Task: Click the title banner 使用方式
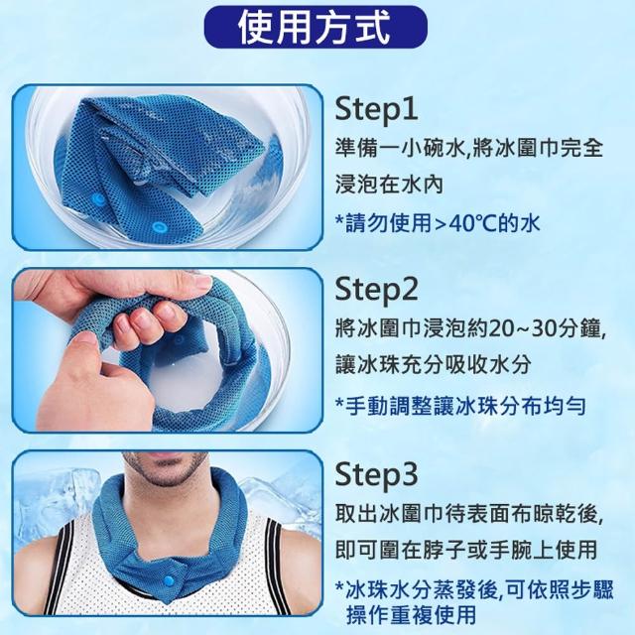tap(316, 27)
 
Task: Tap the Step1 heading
tap(376, 109)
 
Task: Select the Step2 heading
tap(376, 290)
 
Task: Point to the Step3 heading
tap(376, 474)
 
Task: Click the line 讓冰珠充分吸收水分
tap(433, 365)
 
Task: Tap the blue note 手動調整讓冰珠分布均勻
tap(461, 406)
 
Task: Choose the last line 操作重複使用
tap(411, 615)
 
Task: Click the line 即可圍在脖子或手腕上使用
tap(466, 550)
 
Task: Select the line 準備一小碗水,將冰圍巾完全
tap(469, 149)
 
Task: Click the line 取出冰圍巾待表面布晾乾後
tap(470, 514)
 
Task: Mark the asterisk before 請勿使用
tap(339, 220)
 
